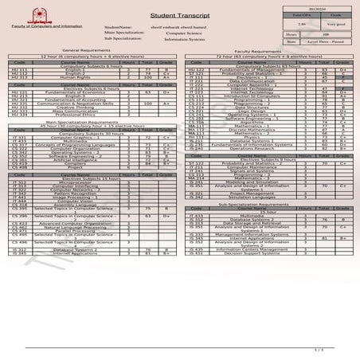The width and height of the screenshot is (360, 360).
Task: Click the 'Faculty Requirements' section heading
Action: click(x=268, y=49)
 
